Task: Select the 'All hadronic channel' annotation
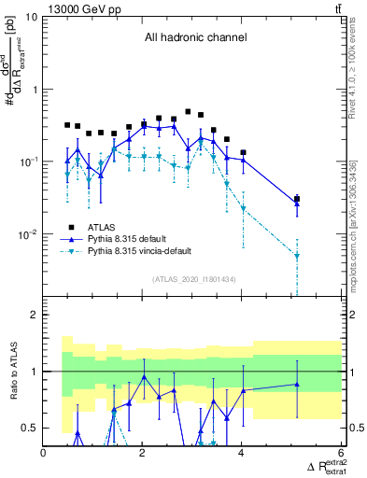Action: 195,38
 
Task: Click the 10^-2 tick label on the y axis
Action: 27,234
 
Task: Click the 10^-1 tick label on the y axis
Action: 27,162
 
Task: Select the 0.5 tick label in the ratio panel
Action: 29,428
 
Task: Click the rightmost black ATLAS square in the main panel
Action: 297,199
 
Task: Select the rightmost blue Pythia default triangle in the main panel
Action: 297,204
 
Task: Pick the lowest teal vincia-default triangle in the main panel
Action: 297,255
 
